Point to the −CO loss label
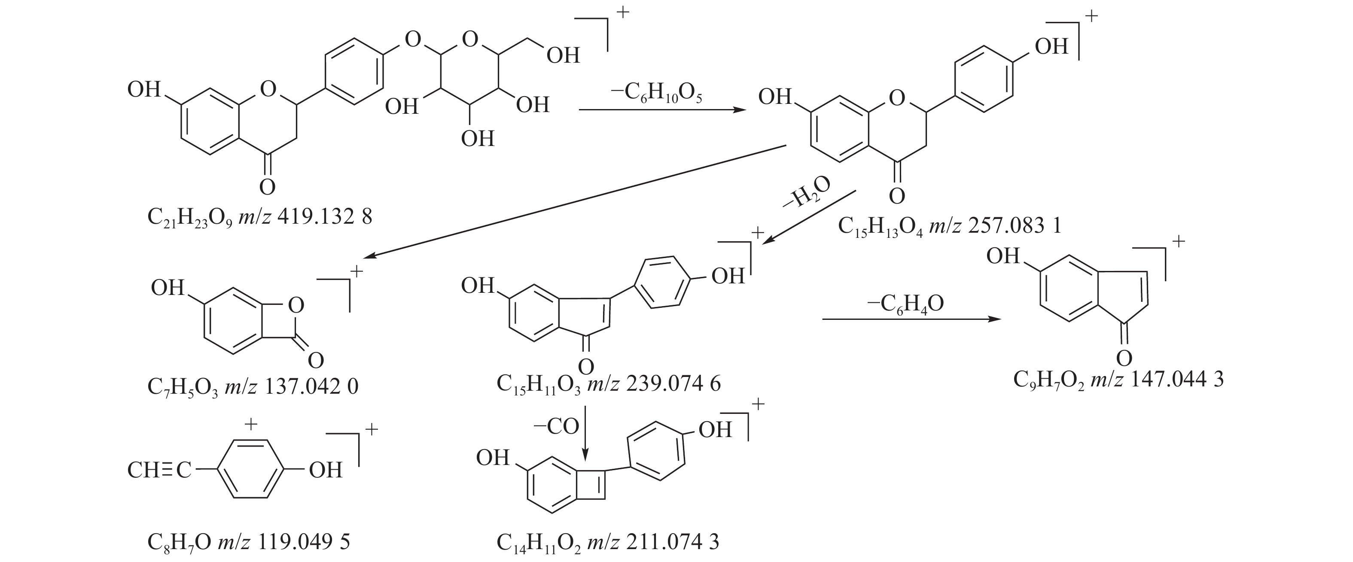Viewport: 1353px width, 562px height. coord(556,426)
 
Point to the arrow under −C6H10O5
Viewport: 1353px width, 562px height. coord(662,110)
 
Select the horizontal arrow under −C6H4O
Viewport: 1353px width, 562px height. coord(908,319)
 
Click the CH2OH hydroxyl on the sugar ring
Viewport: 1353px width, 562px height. coord(563,55)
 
